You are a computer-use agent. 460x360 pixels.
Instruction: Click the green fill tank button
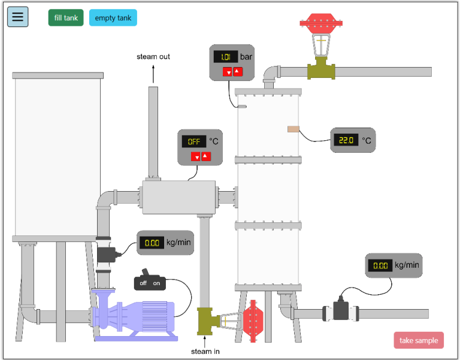click(x=66, y=18)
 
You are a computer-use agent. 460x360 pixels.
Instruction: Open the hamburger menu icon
click(x=18, y=17)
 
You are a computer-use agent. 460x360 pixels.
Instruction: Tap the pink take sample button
click(x=419, y=340)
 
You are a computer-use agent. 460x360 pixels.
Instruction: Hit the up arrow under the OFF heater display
click(x=206, y=156)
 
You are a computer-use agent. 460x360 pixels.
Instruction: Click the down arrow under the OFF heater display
click(x=196, y=157)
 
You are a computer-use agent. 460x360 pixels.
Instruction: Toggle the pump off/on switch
click(x=150, y=282)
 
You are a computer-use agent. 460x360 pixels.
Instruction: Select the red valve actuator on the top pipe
click(x=322, y=25)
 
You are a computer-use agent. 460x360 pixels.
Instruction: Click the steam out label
click(x=153, y=57)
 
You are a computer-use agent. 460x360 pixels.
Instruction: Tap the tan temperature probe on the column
click(x=293, y=129)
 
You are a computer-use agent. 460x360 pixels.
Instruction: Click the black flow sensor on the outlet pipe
click(x=341, y=311)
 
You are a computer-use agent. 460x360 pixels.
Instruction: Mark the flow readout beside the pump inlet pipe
click(x=152, y=243)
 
